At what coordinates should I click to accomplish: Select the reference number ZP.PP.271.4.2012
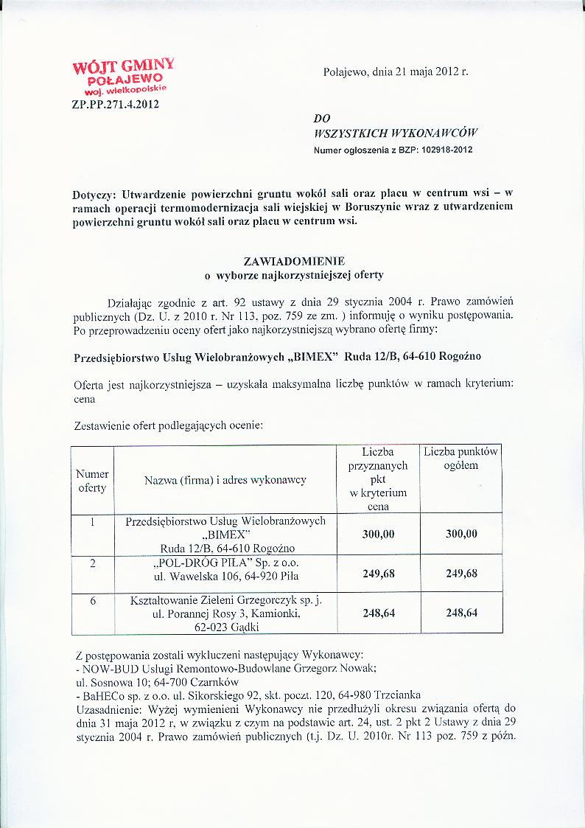[115, 104]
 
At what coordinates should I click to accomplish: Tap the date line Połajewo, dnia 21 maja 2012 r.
[396, 72]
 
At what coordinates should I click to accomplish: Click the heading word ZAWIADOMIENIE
[292, 261]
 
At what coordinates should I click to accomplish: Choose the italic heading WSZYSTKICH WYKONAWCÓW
[396, 133]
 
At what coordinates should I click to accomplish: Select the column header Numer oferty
[92, 481]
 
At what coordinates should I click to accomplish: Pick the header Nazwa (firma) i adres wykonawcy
[225, 481]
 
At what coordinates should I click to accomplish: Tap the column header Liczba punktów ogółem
[461, 459]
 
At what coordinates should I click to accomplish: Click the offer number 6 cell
[93, 601]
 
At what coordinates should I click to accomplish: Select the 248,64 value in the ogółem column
[461, 613]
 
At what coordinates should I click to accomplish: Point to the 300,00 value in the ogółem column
[461, 535]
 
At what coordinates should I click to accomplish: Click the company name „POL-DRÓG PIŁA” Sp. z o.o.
[225, 563]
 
